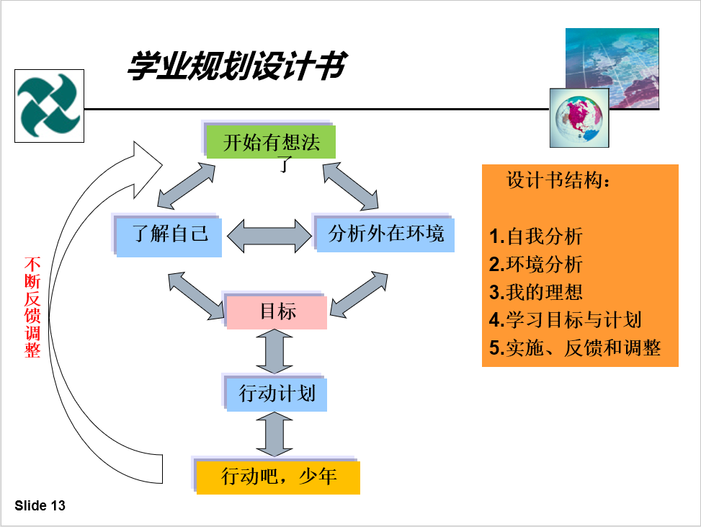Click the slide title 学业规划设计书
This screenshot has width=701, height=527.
(x=238, y=66)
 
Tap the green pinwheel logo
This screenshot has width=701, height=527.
(x=49, y=105)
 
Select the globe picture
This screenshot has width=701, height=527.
(x=579, y=118)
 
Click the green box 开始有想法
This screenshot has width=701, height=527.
(x=271, y=142)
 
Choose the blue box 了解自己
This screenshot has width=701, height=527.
(x=169, y=237)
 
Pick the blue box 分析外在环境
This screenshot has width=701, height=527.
(x=386, y=234)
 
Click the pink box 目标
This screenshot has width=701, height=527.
(x=277, y=312)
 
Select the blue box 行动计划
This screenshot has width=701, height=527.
(x=277, y=394)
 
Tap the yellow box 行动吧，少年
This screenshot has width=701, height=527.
(x=278, y=477)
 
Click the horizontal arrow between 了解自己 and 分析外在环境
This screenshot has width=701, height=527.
(x=269, y=236)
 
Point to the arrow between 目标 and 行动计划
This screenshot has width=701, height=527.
(x=274, y=352)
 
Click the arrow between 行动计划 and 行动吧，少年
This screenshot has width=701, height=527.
(x=274, y=435)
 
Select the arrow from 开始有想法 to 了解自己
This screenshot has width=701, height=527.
(x=186, y=186)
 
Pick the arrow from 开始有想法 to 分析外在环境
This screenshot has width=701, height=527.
(x=350, y=186)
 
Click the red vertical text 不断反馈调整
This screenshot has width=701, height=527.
(x=32, y=307)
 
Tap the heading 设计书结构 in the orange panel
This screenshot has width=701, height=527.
(x=558, y=180)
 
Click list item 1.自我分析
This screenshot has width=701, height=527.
(x=535, y=236)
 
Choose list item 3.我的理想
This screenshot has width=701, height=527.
(x=535, y=292)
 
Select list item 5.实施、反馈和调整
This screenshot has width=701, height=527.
(x=575, y=347)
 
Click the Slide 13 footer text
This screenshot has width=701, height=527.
(x=40, y=505)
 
